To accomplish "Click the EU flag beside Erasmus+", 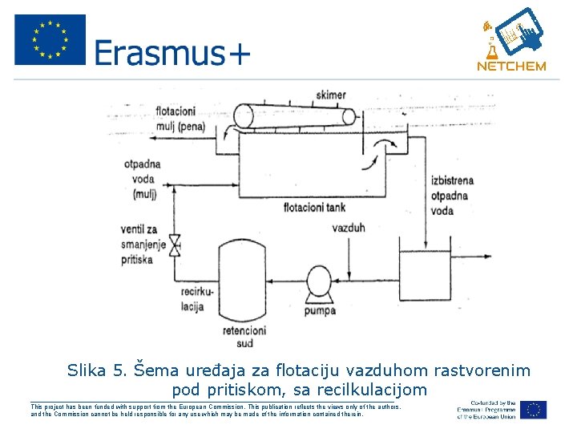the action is coord(50,40).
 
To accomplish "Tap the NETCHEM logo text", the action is coord(511,67).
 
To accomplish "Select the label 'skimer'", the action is coord(331,95).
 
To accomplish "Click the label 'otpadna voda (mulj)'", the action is coord(143,178).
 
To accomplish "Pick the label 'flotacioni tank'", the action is coord(314,207).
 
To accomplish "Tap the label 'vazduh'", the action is coord(348,228).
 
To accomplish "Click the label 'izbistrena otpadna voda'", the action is coord(454,193).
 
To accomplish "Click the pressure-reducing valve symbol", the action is coord(177,245).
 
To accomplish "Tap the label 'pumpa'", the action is coord(320,312).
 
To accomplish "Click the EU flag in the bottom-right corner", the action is coord(534,409).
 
